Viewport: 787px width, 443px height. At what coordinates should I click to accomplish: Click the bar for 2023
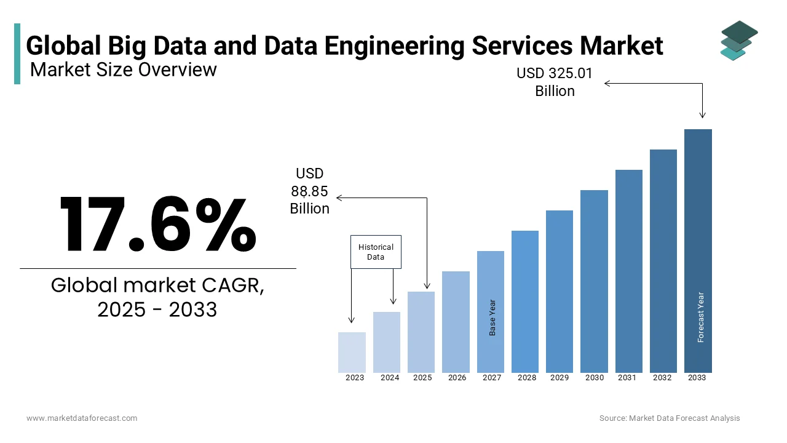(x=352, y=352)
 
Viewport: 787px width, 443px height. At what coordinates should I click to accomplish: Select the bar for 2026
(x=456, y=322)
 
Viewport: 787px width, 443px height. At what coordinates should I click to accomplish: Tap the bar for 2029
(x=560, y=291)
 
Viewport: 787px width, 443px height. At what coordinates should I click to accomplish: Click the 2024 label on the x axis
(x=390, y=378)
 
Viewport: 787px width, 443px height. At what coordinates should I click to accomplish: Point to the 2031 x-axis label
(x=628, y=378)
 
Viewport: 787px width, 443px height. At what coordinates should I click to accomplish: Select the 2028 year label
(x=527, y=378)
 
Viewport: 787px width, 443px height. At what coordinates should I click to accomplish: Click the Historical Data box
(x=376, y=252)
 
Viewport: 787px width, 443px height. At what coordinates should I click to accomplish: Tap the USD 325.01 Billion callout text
(x=555, y=82)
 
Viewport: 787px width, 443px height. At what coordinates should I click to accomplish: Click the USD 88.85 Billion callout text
(x=310, y=191)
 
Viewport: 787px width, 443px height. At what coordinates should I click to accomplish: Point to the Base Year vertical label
(x=492, y=317)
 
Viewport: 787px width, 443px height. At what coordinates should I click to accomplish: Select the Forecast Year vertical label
(x=701, y=317)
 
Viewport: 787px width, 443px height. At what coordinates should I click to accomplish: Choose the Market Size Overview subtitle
(x=124, y=70)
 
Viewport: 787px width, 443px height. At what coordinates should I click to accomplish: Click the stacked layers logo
(x=738, y=41)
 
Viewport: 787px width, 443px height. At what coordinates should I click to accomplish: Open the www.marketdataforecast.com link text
(x=82, y=418)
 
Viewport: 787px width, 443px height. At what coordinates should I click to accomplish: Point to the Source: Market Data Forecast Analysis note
(x=670, y=418)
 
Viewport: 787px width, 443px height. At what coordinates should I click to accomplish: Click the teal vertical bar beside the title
(x=17, y=54)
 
